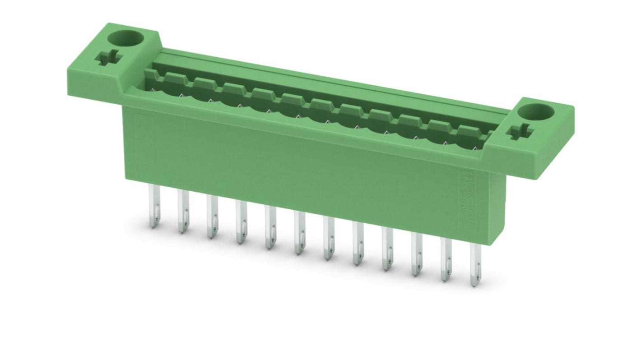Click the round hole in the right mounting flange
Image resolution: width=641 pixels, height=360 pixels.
pyautogui.click(x=540, y=111)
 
